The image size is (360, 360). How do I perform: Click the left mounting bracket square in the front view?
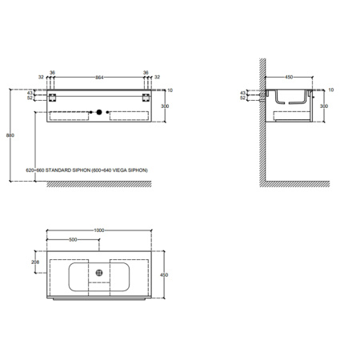pyautogui.click(x=52, y=97)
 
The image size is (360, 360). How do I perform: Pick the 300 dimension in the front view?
pyautogui.click(x=166, y=106)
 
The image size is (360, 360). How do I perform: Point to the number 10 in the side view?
pyautogui.click(x=331, y=89)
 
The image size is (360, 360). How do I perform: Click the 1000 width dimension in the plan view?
pyautogui.click(x=99, y=231)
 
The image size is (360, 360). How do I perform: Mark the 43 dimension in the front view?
pyautogui.click(x=30, y=94)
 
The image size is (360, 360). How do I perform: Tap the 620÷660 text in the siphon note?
pyautogui.click(x=36, y=171)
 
